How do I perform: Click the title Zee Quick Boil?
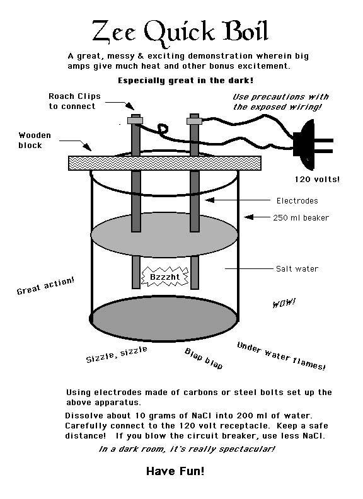pyautogui.click(x=180, y=32)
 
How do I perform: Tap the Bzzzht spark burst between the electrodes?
pyautogui.click(x=164, y=276)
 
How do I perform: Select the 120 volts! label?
pyautogui.click(x=317, y=179)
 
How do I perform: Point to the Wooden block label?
pyautogui.click(x=35, y=141)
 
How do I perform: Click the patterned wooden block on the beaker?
pyautogui.click(x=164, y=163)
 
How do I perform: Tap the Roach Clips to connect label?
pyautogui.click(x=74, y=101)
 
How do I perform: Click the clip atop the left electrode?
pyautogui.click(x=135, y=120)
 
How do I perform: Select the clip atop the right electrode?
pyautogui.click(x=194, y=120)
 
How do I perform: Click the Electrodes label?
pyautogui.click(x=297, y=201)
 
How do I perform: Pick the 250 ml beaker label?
pyautogui.click(x=301, y=217)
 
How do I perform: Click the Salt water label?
pyautogui.click(x=297, y=269)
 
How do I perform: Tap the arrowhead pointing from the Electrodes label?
pyautogui.click(x=210, y=200)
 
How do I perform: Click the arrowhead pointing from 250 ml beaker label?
pyautogui.click(x=249, y=217)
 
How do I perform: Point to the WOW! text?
pyautogui.click(x=284, y=302)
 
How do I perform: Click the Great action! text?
pyautogui.click(x=45, y=285)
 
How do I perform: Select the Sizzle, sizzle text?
pyautogui.click(x=117, y=355)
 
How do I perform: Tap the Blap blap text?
pyautogui.click(x=204, y=358)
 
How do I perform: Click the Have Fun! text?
pyautogui.click(x=175, y=471)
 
